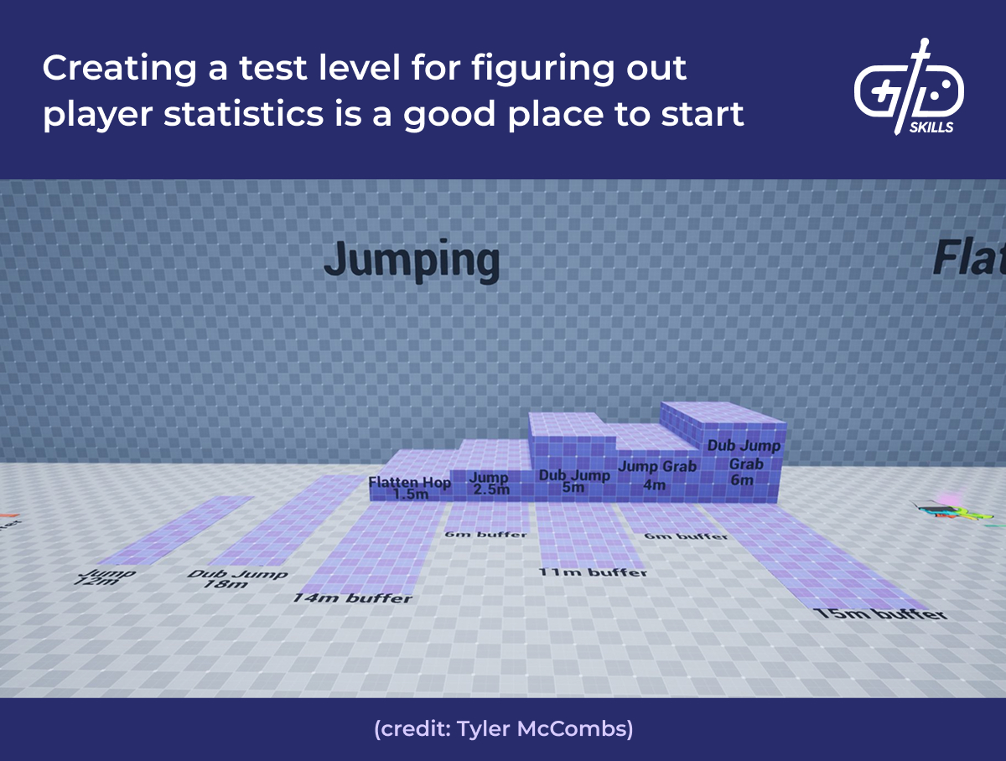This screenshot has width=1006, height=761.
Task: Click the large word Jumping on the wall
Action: pyautogui.click(x=412, y=261)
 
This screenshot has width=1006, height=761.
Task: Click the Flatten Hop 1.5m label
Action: pyautogui.click(x=410, y=489)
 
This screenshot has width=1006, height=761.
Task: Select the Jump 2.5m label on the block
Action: pyautogui.click(x=490, y=484)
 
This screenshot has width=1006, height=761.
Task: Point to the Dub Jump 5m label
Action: pyautogui.click(x=574, y=481)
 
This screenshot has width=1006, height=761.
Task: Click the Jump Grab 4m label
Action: pyautogui.click(x=656, y=474)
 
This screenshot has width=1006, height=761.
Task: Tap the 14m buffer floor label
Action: pyautogui.click(x=353, y=598)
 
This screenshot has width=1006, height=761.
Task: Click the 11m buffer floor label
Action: pyautogui.click(x=594, y=572)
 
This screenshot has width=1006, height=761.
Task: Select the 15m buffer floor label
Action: pyautogui.click(x=880, y=614)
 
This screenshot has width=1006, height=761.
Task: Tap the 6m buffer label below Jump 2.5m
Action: pyautogui.click(x=486, y=534)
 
